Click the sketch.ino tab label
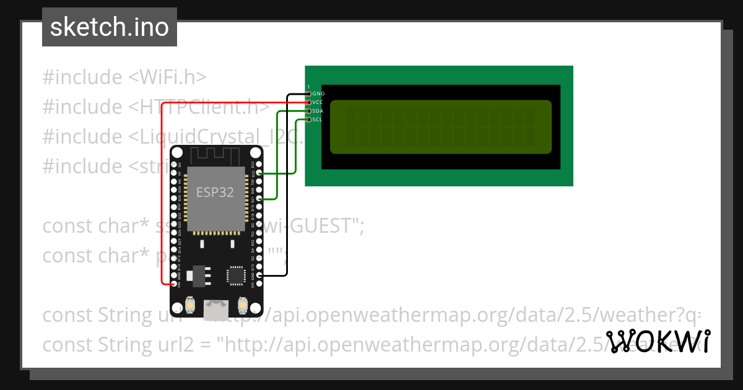click(110, 27)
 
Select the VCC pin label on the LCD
click(318, 102)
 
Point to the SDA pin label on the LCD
click(318, 110)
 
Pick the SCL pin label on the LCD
click(317, 119)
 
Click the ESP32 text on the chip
click(215, 192)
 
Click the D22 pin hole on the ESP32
click(259, 174)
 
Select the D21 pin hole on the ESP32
click(259, 199)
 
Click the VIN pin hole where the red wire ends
click(173, 284)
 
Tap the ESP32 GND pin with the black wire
click(259, 275)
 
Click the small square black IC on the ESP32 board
click(236, 275)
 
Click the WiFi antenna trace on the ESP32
click(215, 155)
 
